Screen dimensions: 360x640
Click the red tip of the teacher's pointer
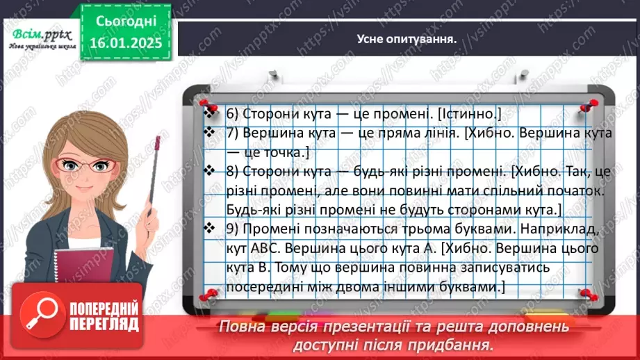[x=158, y=145]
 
